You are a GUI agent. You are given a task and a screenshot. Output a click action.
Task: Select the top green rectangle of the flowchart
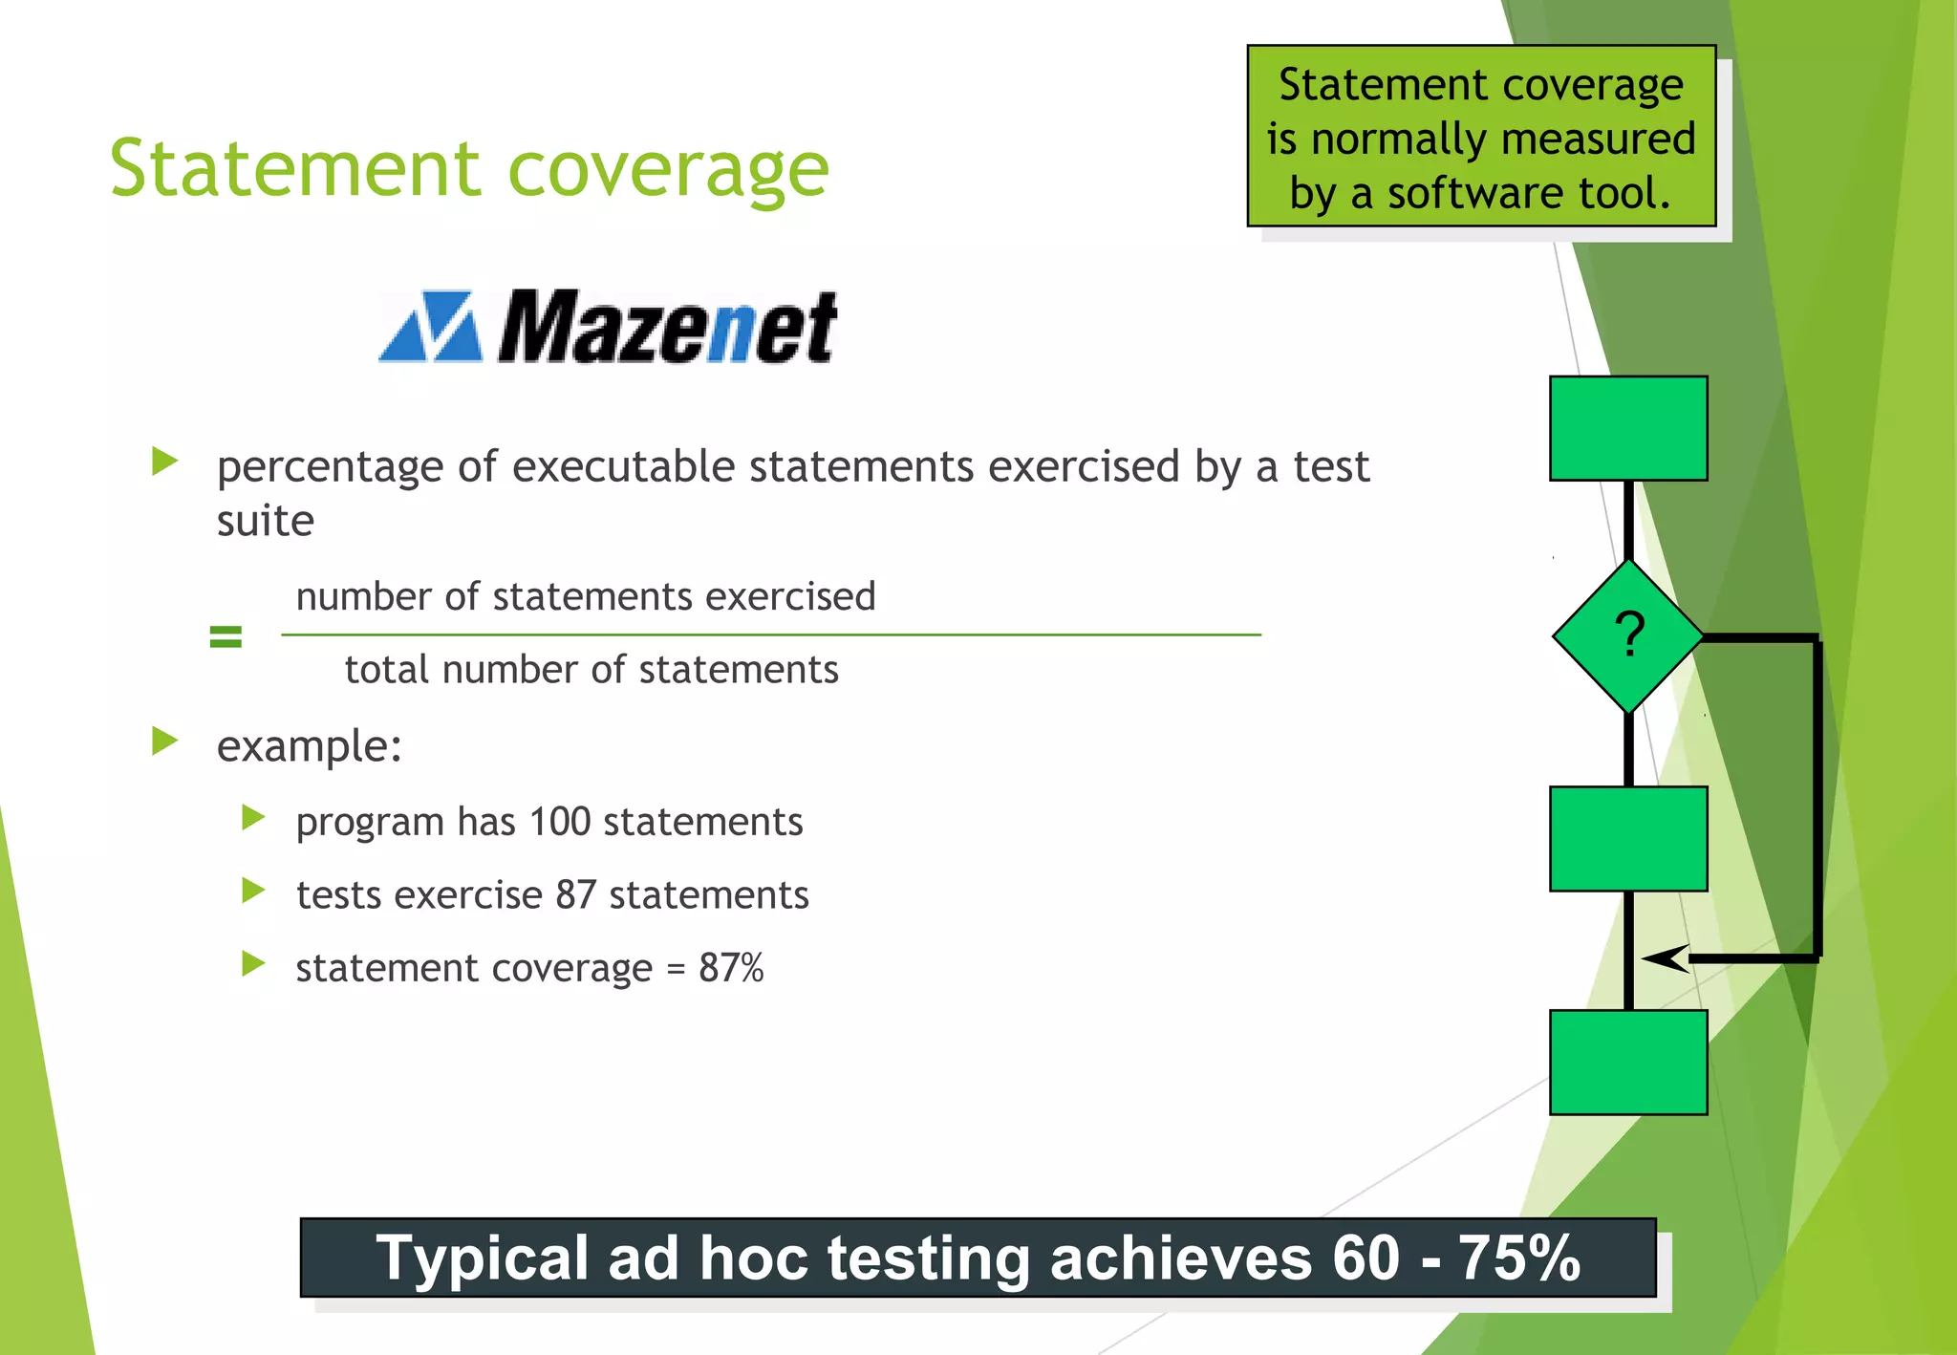coord(1628,428)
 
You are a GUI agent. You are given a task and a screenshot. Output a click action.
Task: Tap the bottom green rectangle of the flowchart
coord(1628,1062)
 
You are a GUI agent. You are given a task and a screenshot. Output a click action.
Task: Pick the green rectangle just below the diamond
coord(1628,839)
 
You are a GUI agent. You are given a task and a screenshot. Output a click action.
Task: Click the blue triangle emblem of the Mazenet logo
coord(431,327)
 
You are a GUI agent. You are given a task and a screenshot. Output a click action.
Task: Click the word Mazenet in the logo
coord(667,328)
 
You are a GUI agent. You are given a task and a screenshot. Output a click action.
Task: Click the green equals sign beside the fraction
coord(226,636)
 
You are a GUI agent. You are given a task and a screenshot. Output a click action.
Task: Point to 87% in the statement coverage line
coord(731,968)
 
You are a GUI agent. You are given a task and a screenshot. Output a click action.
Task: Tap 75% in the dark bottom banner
coord(1518,1258)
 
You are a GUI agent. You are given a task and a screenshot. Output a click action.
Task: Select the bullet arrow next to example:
coord(165,742)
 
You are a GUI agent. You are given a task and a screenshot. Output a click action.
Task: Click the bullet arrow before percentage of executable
coord(165,462)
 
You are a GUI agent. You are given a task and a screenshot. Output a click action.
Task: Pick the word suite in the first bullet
coord(265,522)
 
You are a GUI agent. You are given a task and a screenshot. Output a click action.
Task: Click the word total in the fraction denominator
coord(387,670)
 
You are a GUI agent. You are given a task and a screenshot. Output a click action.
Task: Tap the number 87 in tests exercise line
coord(576,895)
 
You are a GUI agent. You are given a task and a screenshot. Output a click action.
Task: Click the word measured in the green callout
coord(1606,140)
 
